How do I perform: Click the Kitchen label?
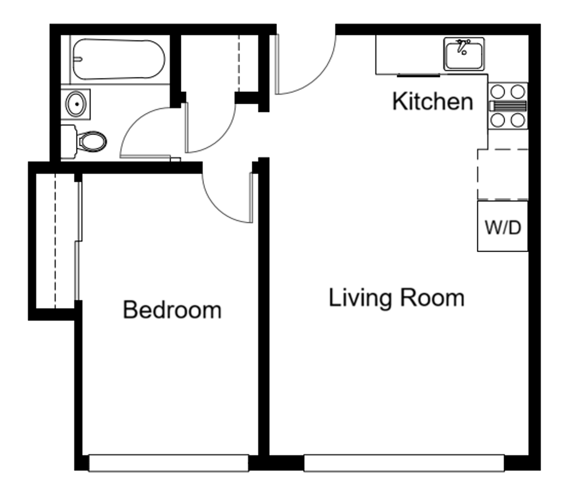[x=433, y=101]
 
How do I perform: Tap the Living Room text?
[x=396, y=298]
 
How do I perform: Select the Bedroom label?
[x=172, y=310]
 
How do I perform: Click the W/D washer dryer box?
[x=503, y=226]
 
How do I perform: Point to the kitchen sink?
[x=464, y=54]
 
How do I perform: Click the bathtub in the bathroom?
[x=118, y=59]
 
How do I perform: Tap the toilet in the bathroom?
[x=92, y=141]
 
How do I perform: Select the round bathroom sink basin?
[x=76, y=104]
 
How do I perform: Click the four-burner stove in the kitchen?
[x=508, y=106]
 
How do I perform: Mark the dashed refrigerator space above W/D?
[x=503, y=174]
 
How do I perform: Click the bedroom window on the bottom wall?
[x=168, y=463]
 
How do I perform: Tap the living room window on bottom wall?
[x=404, y=463]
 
